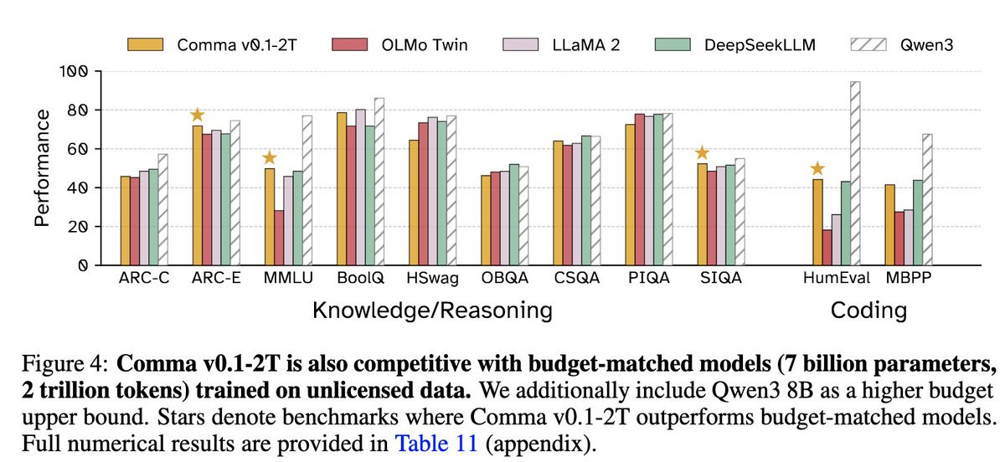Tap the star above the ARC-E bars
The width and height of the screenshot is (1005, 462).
click(x=197, y=115)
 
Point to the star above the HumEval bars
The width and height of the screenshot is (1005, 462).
click(x=817, y=169)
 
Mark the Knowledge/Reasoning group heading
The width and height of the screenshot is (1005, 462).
click(x=432, y=311)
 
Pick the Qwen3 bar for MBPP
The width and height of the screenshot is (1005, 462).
click(x=927, y=199)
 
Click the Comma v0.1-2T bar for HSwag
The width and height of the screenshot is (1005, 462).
click(x=413, y=202)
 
